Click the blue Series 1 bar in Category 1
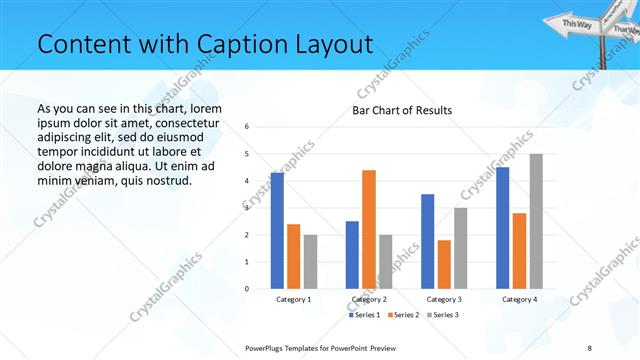click(x=277, y=231)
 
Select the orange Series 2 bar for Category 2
click(x=369, y=229)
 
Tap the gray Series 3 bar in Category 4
click(x=536, y=221)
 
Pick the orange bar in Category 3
click(x=444, y=264)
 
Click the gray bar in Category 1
click(x=311, y=262)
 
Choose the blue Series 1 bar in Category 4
click(x=503, y=228)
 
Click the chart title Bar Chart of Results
click(x=401, y=110)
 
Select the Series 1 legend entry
click(x=365, y=315)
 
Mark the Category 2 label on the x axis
click(x=369, y=299)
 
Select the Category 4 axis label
click(x=519, y=299)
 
